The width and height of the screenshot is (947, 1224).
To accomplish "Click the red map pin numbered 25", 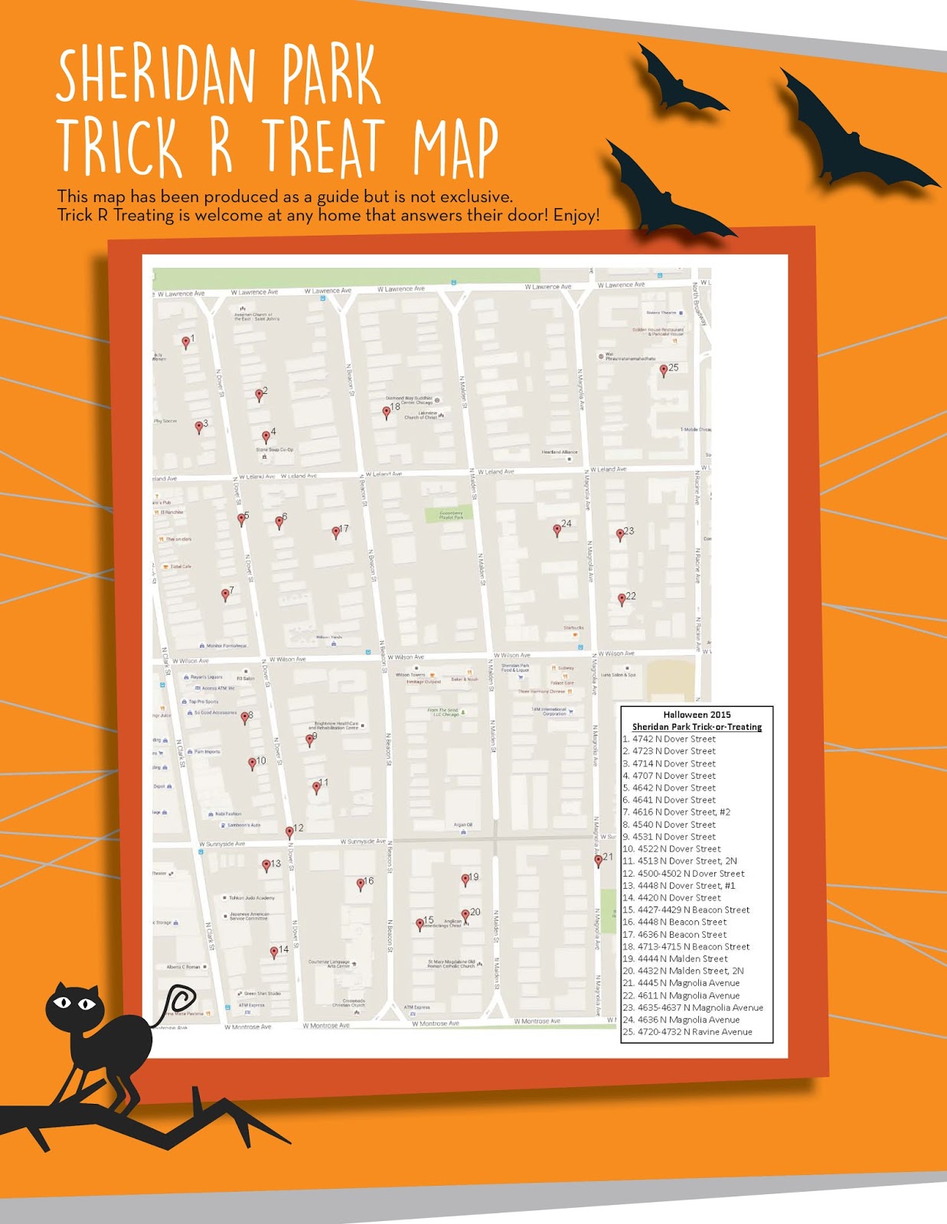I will pos(664,370).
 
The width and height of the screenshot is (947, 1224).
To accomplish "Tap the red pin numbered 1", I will pos(185,342).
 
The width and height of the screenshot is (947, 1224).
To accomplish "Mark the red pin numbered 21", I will pos(599,861).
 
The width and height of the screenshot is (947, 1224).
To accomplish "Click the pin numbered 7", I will pos(225,594).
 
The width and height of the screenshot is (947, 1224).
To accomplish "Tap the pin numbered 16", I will pos(361,884).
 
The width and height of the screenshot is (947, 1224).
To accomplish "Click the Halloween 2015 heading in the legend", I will pos(697,715).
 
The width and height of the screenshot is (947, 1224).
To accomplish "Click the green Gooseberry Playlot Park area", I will pos(450,516).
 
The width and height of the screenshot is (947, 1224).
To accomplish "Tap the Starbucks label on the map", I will pos(573,628).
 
